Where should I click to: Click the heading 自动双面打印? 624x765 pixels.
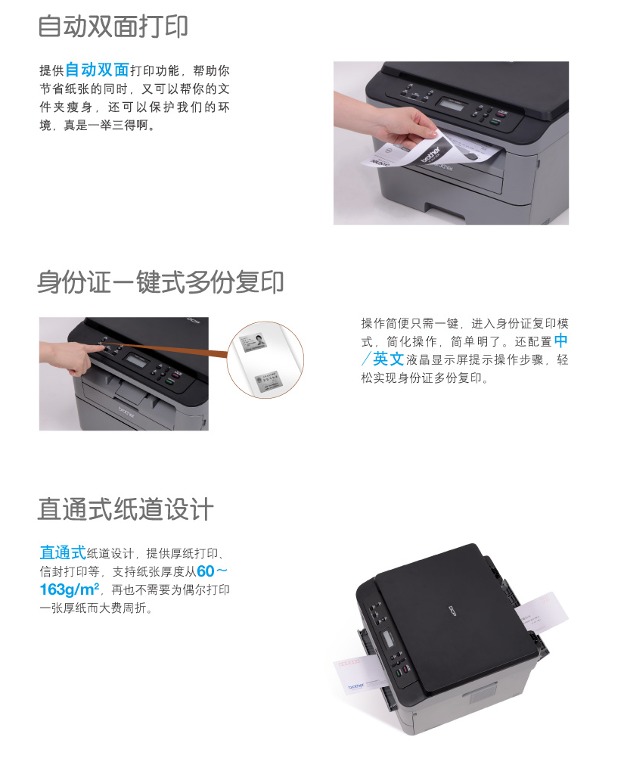point(113,26)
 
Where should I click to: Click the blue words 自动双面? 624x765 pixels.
point(97,70)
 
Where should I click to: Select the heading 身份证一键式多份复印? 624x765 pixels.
point(160,282)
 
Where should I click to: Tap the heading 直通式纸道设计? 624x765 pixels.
point(126,509)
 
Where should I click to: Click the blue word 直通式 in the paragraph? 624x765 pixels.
point(63,553)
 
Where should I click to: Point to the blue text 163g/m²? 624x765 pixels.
point(70,589)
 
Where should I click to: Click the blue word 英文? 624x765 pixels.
point(388,359)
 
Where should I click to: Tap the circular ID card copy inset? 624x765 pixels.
point(265,359)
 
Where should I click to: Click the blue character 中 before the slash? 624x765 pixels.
point(560,341)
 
